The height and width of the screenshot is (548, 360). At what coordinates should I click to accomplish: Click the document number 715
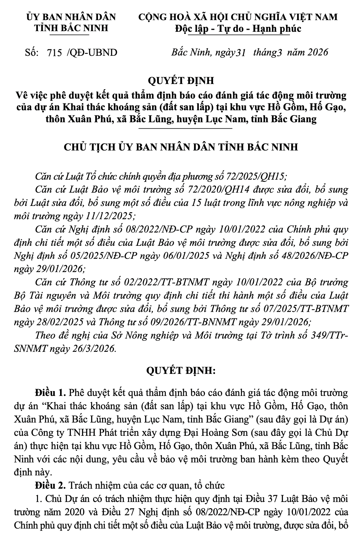point(54,53)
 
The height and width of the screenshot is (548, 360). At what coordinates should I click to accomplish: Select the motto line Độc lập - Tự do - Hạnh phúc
point(238,29)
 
